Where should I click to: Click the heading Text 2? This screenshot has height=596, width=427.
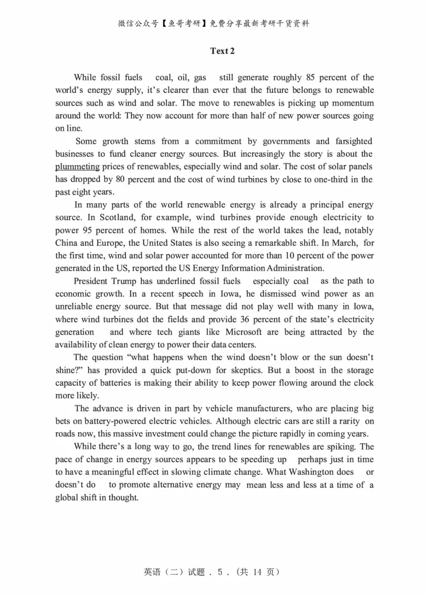223,51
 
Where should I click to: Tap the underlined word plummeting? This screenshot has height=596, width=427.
77,167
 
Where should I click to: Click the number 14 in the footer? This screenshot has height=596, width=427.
256,572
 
